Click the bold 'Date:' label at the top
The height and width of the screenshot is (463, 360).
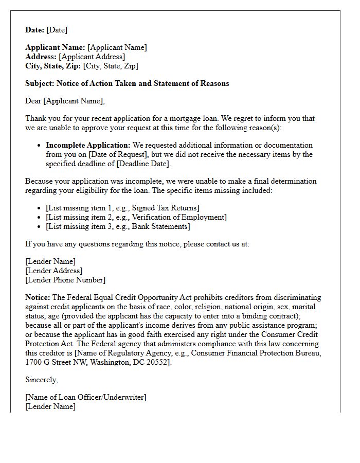34,30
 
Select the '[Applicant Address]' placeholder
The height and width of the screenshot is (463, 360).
92,57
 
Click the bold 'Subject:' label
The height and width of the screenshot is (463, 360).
40,83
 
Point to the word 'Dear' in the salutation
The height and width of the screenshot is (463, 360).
33,101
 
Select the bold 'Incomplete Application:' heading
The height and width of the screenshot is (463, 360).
88,145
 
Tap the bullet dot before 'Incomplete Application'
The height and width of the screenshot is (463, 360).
39,146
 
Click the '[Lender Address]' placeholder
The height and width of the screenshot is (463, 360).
53,271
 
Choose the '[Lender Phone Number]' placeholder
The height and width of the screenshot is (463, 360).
65,280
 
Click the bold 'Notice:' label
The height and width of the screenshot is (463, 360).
38,297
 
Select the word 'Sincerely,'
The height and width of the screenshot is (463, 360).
42,380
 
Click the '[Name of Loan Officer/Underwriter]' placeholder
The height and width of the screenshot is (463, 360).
85,397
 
